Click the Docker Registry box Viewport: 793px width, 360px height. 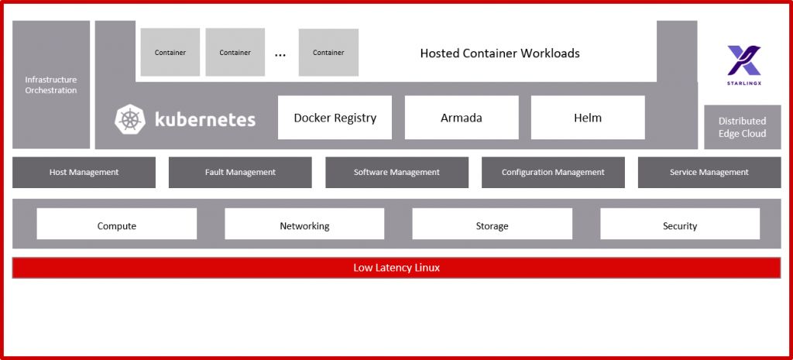tap(335, 118)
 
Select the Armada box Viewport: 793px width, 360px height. tap(462, 118)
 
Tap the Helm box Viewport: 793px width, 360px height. tap(588, 118)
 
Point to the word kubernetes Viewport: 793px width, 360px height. tap(204, 119)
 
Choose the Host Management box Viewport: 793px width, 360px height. tap(84, 173)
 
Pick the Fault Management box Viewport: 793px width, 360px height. tap(240, 173)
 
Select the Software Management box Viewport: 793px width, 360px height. tap(396, 173)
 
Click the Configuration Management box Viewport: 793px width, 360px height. tap(553, 173)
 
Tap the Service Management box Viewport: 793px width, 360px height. tap(709, 173)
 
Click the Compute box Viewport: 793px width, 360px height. tap(117, 226)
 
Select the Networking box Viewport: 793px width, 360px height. tap(304, 226)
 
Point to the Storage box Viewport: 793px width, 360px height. tap(492, 226)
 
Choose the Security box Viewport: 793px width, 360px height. tap(680, 226)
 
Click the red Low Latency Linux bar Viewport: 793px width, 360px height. tap(396, 268)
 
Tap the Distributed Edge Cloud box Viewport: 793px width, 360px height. tap(742, 127)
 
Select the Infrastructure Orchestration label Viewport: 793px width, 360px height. tap(51, 85)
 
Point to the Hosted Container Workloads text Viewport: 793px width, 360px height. tap(499, 53)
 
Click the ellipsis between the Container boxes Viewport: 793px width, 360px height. tap(280, 53)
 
